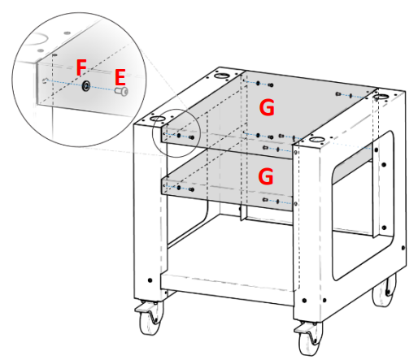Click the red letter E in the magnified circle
120,77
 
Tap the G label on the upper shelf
268,106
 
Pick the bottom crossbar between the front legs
228,294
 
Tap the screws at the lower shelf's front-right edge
273,201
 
